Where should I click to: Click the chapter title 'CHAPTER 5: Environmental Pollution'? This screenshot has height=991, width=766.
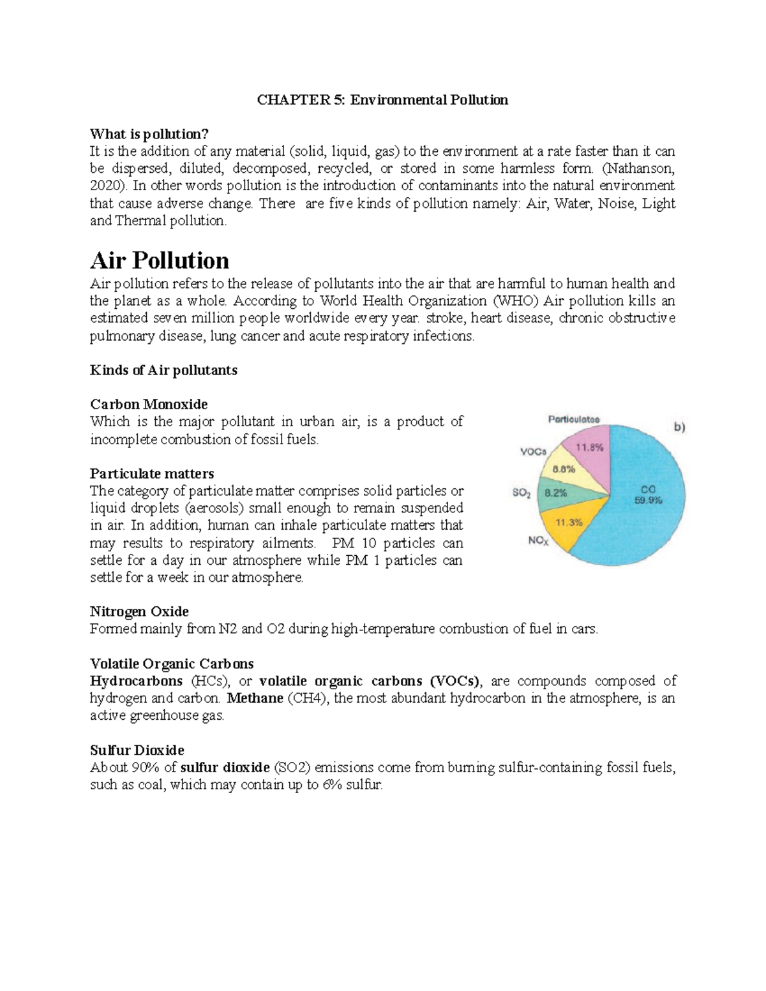click(x=382, y=100)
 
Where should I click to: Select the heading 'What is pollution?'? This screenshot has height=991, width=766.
click(x=149, y=134)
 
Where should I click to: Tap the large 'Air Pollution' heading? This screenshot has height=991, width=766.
click(x=160, y=260)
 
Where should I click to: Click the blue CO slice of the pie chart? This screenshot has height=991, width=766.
click(x=645, y=510)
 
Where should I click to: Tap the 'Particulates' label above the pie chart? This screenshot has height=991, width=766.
click(x=574, y=419)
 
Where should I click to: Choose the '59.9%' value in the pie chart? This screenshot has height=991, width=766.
click(x=647, y=501)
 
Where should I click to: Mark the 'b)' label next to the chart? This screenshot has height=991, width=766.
click(x=679, y=428)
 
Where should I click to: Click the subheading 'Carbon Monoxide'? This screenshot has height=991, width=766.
click(x=149, y=405)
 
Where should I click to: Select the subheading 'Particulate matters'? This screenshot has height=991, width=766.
click(x=152, y=473)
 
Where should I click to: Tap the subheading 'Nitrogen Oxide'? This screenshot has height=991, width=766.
click(x=139, y=612)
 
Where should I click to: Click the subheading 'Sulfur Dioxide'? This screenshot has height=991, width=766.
click(x=137, y=750)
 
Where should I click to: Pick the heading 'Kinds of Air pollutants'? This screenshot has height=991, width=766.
click(x=163, y=370)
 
